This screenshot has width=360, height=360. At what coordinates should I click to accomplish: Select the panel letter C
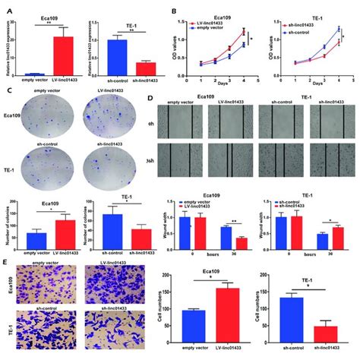coord(5,90)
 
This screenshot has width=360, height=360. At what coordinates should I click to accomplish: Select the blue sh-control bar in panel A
coord(115,57)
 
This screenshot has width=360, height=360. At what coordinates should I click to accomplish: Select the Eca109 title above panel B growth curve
coord(232,11)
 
